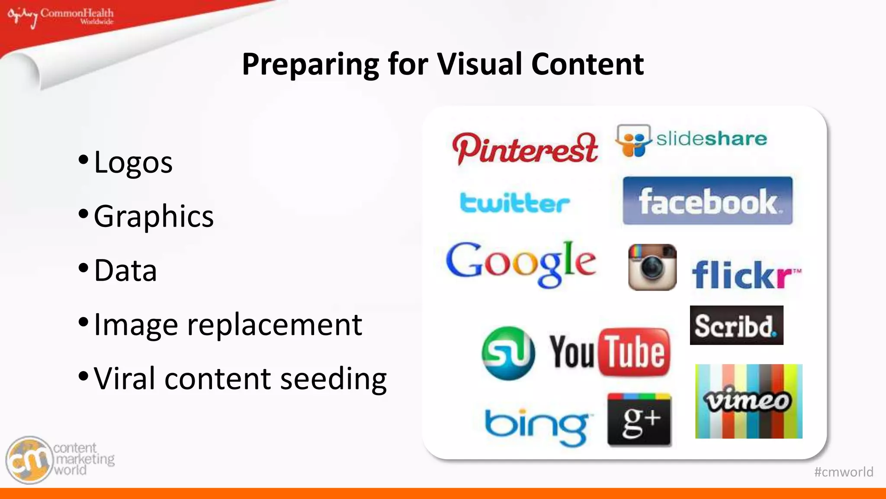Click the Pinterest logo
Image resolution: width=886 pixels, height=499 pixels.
coord(525,149)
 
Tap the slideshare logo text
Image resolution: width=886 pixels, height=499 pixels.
coord(712,139)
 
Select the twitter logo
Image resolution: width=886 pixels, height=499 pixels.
coord(514,203)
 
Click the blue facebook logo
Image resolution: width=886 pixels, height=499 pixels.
coord(707,201)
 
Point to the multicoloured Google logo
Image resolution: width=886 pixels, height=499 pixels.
coord(521,263)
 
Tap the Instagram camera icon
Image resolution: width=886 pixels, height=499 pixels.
coord(652,267)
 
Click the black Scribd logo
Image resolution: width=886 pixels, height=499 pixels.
coord(736,325)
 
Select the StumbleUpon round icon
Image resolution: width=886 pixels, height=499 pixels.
coord(508,353)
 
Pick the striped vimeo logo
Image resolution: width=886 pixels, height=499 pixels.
coord(748,401)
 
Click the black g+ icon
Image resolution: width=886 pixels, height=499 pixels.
coord(639,420)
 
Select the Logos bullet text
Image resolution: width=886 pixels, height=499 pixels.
coord(133,162)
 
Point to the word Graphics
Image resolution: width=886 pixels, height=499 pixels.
coord(154,216)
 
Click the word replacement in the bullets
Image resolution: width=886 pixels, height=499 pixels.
coord(274,324)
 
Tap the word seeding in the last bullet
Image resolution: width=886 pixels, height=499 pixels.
coord(333,379)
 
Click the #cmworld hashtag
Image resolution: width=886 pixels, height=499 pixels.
coord(843,472)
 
